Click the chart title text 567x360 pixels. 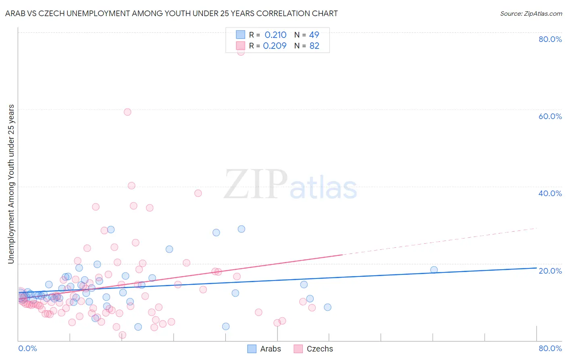[x=171, y=13]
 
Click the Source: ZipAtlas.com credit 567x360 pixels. [x=531, y=13]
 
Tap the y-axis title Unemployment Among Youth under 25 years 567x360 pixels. [x=11, y=184]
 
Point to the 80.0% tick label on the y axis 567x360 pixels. [x=550, y=39]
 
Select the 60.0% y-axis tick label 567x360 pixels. [x=550, y=116]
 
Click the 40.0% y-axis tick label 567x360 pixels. [x=550, y=193]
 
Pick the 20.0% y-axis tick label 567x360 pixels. [x=550, y=271]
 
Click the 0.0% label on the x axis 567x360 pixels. [x=27, y=348]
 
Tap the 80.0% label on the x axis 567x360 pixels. [x=550, y=348]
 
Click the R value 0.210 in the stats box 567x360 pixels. [x=275, y=35]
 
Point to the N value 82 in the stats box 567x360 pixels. [x=314, y=46]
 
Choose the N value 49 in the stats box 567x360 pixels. [x=314, y=35]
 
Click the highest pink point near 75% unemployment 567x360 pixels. [x=241, y=51]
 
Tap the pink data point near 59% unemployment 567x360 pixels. [x=127, y=112]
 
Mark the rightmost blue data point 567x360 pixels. [x=434, y=270]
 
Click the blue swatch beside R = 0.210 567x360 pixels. [x=240, y=35]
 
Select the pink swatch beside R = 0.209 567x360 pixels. [x=240, y=46]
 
